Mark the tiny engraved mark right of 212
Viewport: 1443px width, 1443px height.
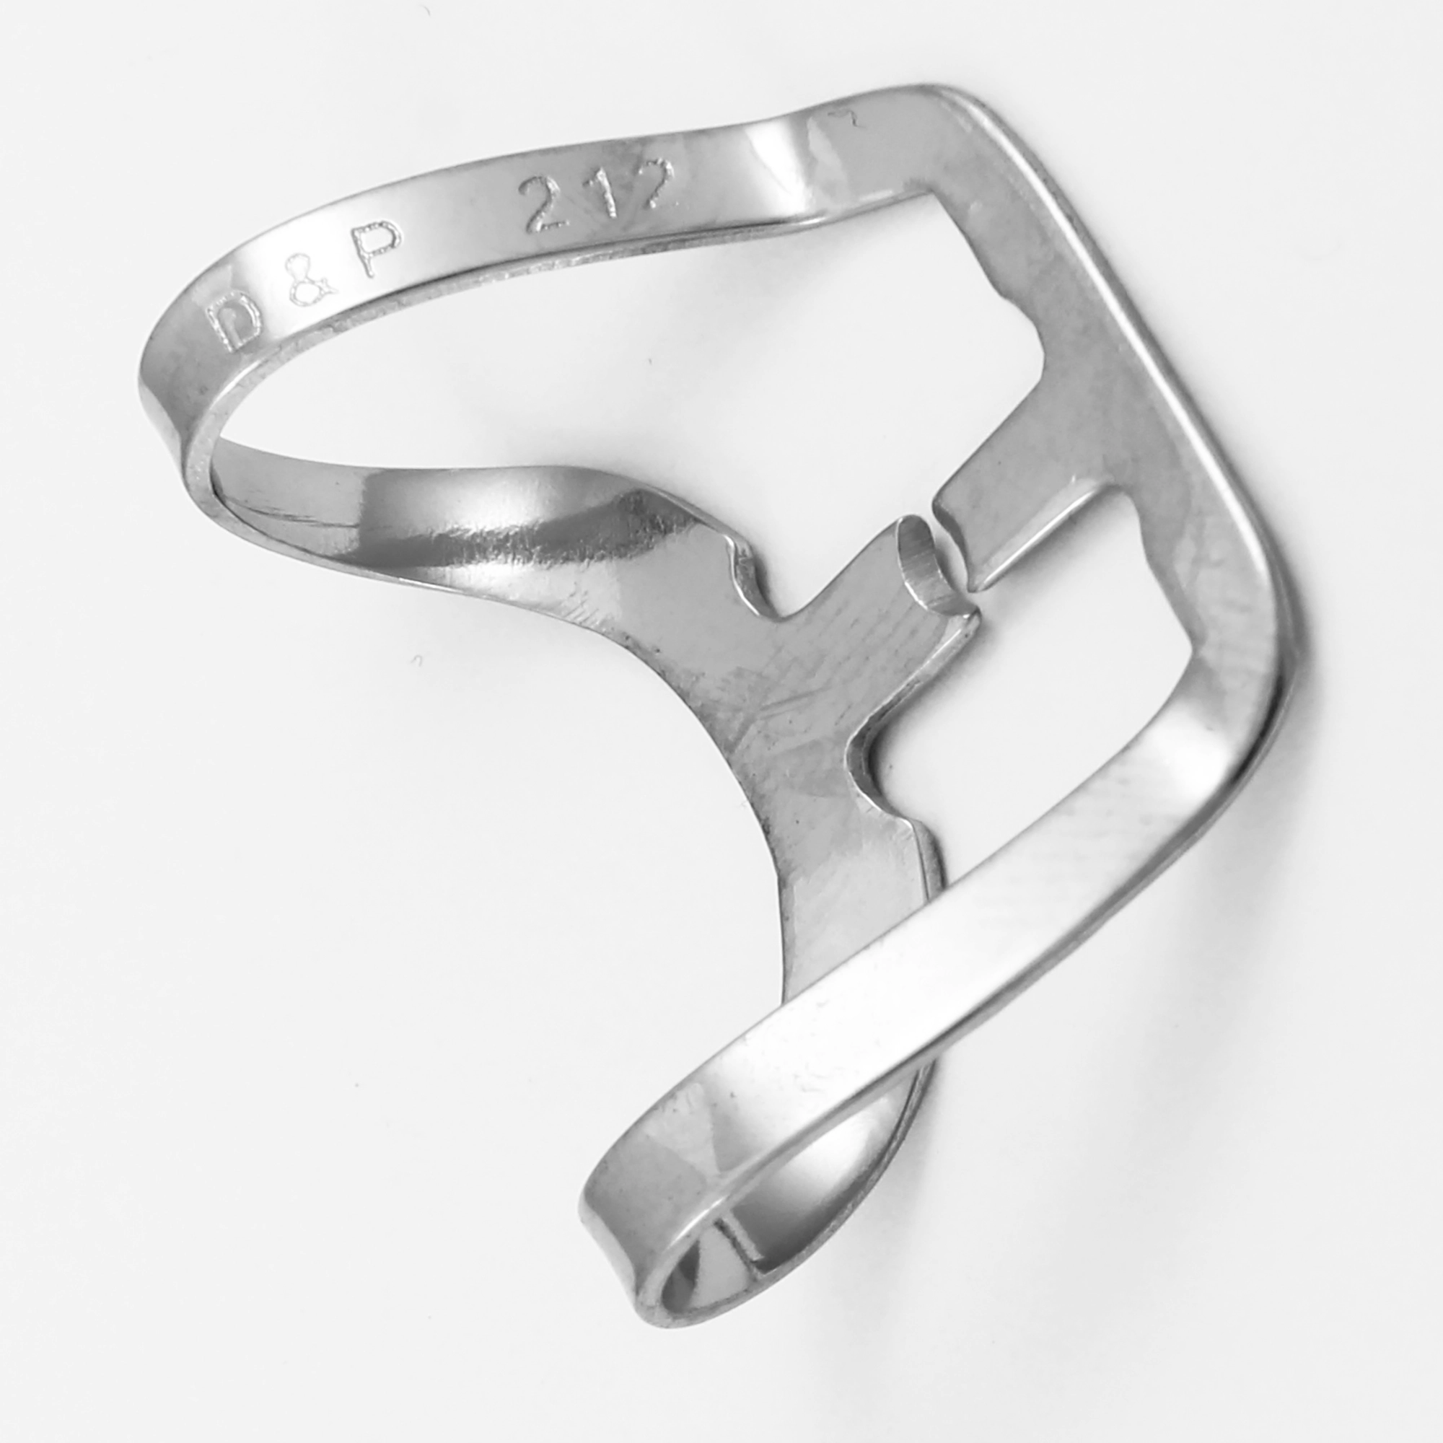(850, 120)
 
